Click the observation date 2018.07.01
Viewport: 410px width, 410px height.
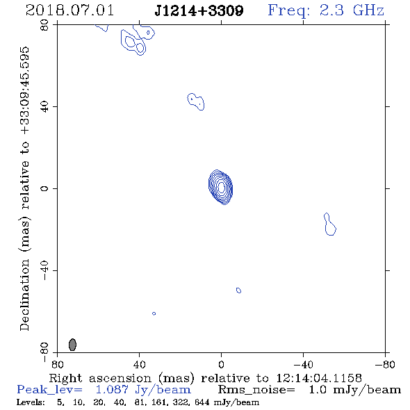pos(69,10)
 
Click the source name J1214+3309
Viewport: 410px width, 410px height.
pos(199,10)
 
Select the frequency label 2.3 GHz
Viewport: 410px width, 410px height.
pos(352,10)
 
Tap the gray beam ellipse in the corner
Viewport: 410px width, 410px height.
pos(72,345)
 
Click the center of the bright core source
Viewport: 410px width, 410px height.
pos(221,187)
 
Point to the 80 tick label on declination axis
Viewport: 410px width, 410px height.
pos(44,25)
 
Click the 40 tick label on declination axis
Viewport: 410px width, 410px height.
pos(44,107)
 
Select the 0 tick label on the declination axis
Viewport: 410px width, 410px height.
pos(44,188)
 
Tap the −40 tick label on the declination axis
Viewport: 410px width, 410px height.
pos(44,270)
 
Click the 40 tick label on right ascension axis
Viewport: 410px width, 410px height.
pos(139,364)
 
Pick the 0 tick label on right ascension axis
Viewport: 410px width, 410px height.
pos(221,364)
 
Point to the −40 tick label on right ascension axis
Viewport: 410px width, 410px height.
pos(303,364)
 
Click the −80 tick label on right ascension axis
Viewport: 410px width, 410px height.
pos(385,364)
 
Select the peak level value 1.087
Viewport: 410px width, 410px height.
pos(112,390)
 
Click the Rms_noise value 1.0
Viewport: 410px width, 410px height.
pos(318,390)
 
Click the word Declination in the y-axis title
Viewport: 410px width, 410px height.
pos(24,295)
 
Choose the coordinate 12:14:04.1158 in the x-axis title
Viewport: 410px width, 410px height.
pos(319,378)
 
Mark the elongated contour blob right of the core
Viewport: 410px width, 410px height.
pos(330,224)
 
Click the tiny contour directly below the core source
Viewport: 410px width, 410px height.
pos(238,290)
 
